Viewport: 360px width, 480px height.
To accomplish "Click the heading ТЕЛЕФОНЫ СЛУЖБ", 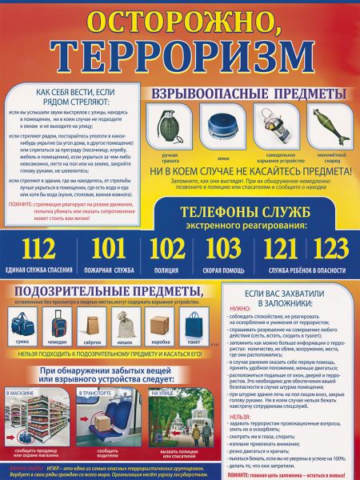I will tap(242, 213).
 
